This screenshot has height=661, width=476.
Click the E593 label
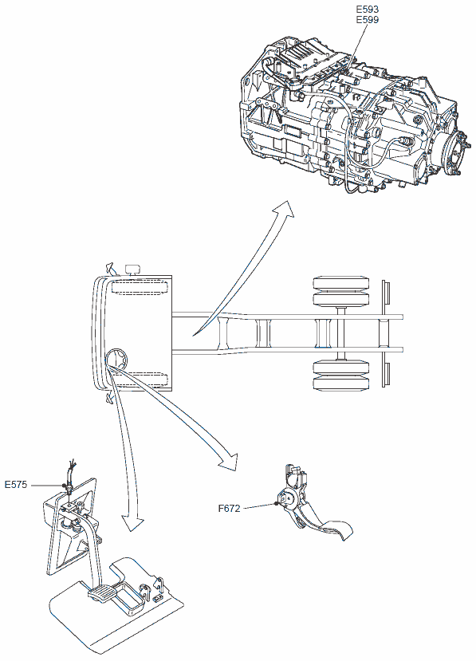pos(368,9)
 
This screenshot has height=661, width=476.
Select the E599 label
pos(368,19)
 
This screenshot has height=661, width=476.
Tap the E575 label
pos(16,485)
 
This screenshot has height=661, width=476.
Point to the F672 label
pos(229,509)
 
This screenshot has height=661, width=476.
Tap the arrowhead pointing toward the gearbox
pos(284,209)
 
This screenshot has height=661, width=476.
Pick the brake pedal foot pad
pos(100,592)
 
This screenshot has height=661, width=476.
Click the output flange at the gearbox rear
pos(455,155)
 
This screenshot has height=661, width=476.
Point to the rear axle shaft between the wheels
pos(341,333)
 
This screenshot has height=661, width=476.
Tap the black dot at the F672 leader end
pos(276,504)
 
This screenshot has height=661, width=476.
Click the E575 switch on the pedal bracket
pos(67,488)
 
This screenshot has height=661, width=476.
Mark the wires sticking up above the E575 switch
pos(72,469)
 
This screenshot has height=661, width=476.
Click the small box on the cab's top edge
pos(133,269)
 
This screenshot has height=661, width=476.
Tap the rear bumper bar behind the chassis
pos(385,333)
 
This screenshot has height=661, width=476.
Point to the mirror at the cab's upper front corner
pos(110,269)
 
